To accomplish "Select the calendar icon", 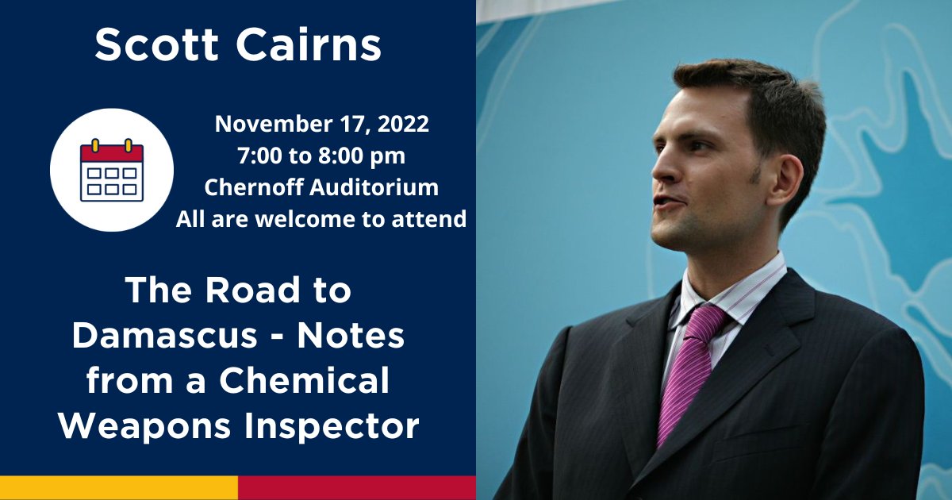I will click(112, 170).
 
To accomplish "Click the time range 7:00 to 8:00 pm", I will click(321, 156).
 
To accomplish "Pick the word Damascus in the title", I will click(162, 337).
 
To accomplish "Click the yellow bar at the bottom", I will click(119, 487).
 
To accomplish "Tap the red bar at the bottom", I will click(357, 487).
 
